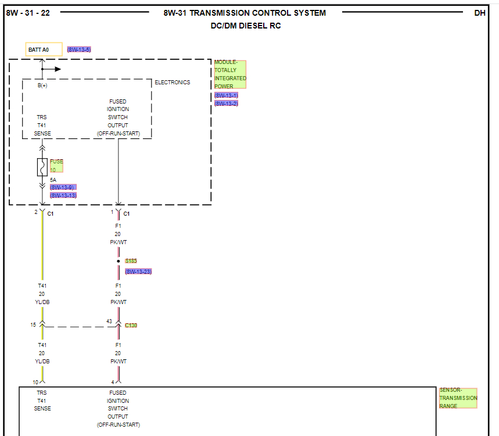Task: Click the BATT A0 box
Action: click(x=44, y=49)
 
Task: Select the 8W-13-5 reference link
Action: click(x=79, y=49)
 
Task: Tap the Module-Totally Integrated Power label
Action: click(x=230, y=74)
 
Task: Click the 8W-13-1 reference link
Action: click(x=226, y=95)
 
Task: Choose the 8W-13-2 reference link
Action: click(x=226, y=103)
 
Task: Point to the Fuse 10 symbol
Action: click(x=42, y=167)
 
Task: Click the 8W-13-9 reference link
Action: click(x=63, y=187)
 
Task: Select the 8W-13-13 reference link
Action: click(x=63, y=195)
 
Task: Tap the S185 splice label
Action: click(x=131, y=261)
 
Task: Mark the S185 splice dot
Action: click(x=119, y=261)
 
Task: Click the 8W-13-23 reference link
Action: click(x=138, y=271)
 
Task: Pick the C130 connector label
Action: click(x=131, y=326)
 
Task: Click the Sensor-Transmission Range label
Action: click(x=458, y=398)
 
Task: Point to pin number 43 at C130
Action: click(x=109, y=321)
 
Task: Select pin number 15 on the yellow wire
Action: click(x=33, y=325)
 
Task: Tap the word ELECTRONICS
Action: click(x=172, y=83)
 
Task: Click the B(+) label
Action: click(x=42, y=85)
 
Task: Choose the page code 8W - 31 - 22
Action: click(x=28, y=13)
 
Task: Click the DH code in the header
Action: click(x=480, y=13)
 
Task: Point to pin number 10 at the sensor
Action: click(x=35, y=382)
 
